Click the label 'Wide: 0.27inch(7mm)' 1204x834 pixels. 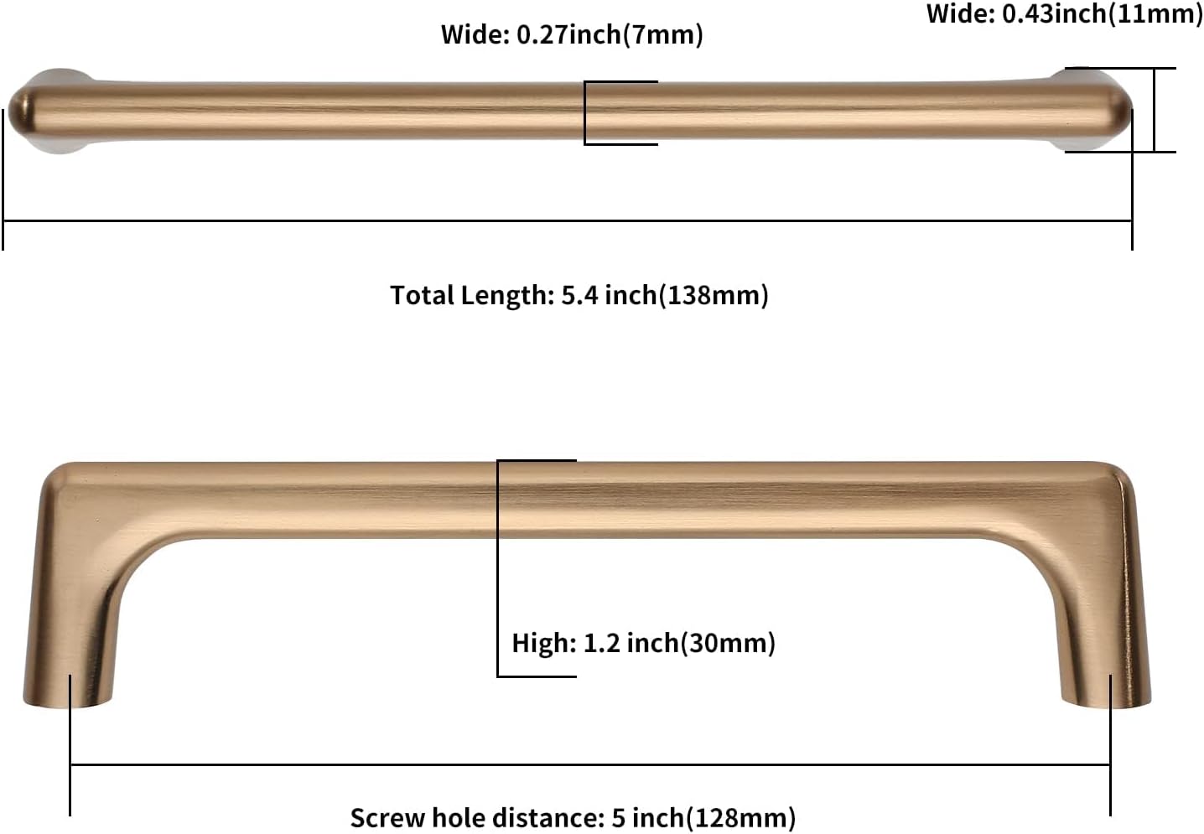point(572,34)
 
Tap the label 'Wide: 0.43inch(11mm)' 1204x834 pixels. point(1063,13)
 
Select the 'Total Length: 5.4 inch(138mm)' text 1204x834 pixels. point(579,295)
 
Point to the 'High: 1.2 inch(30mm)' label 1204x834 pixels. point(643,643)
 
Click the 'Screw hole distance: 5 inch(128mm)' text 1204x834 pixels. point(572,817)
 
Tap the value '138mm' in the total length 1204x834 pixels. point(714,295)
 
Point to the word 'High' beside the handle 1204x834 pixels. point(542,643)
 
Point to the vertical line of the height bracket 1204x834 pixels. point(498,570)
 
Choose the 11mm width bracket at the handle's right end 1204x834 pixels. point(1155,110)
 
